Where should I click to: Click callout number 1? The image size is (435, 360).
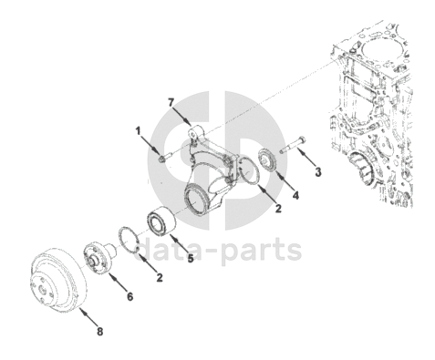click(139, 131)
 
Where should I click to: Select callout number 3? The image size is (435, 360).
click(318, 172)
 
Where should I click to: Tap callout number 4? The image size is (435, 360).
click(295, 195)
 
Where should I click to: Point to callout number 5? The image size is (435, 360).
click(191, 259)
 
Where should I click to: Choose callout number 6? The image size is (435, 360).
click(129, 296)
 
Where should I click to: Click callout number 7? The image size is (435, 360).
click(171, 103)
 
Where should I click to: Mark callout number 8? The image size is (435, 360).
click(100, 332)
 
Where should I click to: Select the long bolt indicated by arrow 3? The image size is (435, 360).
click(293, 145)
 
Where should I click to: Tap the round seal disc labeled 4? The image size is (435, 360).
click(266, 159)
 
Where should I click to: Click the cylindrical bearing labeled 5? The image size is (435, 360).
click(161, 221)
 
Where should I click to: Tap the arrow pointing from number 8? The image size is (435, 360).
click(88, 317)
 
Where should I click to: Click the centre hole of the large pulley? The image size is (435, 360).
click(42, 289)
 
